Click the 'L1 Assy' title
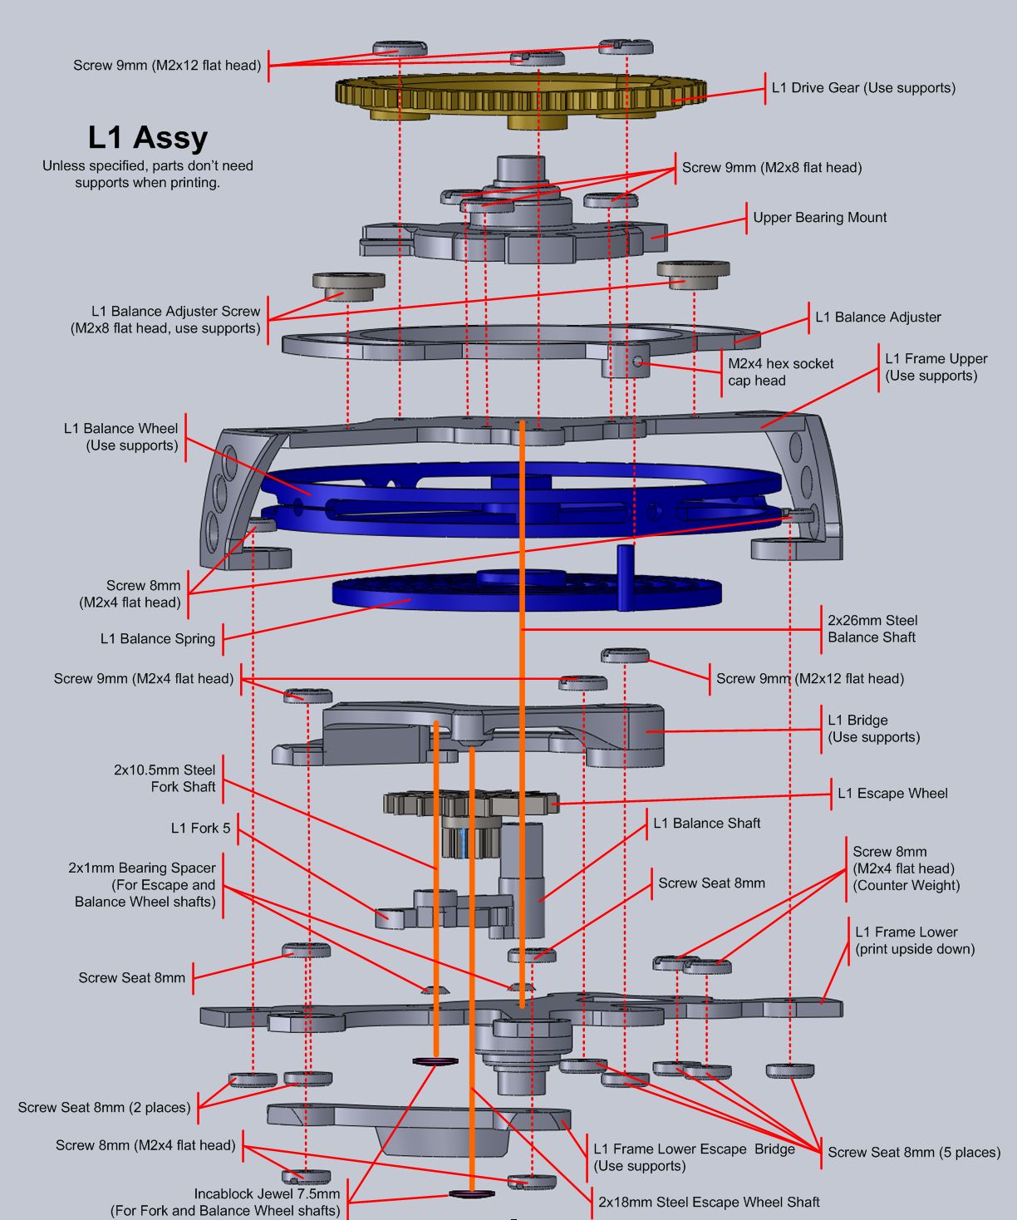pos(148,137)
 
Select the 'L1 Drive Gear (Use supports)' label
pos(863,87)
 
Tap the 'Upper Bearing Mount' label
pos(819,218)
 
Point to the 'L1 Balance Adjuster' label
pos(878,317)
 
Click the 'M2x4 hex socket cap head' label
pos(780,371)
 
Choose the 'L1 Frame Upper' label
pos(936,366)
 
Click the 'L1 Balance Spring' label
pos(158,639)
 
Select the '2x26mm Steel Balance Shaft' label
pos(872,628)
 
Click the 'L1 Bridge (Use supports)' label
pos(873,728)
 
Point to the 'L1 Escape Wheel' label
pos(892,793)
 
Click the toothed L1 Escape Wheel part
pos(469,804)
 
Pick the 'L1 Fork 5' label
pos(200,828)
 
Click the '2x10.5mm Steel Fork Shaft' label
pos(165,778)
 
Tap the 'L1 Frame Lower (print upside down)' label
pos(914,940)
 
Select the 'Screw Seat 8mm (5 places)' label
pos(914,1152)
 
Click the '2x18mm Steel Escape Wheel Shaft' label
pos(709,1202)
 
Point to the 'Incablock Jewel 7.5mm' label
pos(267,1193)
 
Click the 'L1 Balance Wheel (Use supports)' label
pos(120,436)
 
